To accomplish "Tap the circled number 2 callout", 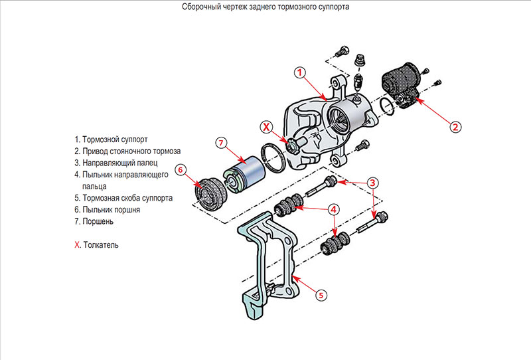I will (x=455, y=125).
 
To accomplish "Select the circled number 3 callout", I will (x=374, y=182).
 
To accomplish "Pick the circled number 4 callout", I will (x=335, y=209).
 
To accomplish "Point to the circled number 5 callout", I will (x=321, y=295).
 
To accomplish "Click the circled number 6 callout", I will (x=180, y=169).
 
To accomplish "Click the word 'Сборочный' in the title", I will (x=201, y=7).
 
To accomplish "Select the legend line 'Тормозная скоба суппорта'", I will (x=127, y=198).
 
